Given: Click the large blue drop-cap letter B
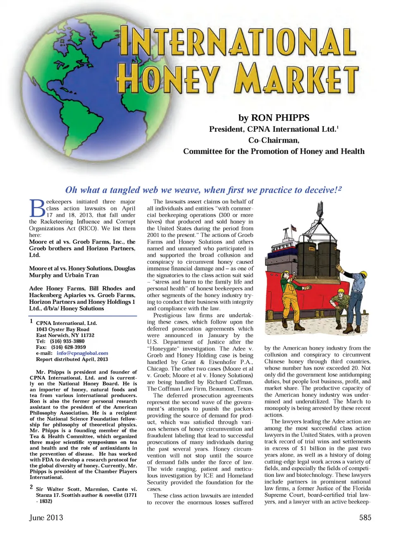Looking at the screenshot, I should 37,208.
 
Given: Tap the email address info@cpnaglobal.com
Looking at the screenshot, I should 82,353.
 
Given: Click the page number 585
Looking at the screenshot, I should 365,518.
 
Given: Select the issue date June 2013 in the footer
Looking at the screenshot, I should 46,518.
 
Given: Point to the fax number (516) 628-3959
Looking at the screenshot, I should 68,347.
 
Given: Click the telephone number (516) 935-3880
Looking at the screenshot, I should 67,341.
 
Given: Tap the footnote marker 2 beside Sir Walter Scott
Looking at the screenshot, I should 31,487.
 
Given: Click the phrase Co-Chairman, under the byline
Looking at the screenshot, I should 274,140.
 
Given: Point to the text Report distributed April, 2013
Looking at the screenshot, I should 72,359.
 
